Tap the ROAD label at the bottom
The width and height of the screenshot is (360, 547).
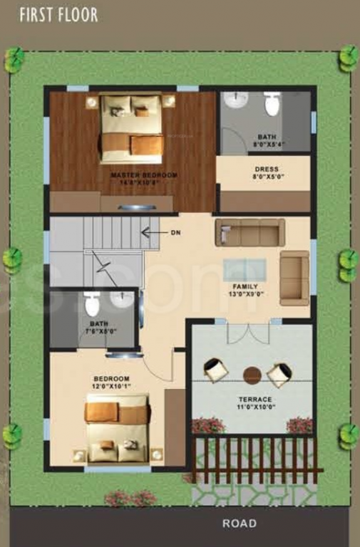point(239,523)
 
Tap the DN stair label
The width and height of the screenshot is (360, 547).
point(175,232)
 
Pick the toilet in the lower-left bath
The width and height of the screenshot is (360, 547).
point(91,304)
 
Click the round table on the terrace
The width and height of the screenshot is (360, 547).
point(252,375)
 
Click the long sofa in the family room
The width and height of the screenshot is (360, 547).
point(250,232)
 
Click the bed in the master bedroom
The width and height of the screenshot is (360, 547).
point(131,128)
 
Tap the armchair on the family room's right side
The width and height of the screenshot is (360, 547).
point(294,278)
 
